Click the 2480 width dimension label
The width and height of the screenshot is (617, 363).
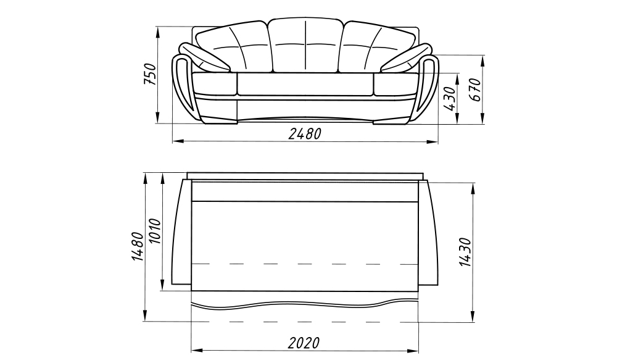(x=305, y=134)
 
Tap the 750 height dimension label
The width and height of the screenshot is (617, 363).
(x=150, y=74)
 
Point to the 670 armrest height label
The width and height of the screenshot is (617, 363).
(x=476, y=90)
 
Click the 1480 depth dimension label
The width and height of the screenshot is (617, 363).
(x=138, y=246)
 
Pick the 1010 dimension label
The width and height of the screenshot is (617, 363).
(x=155, y=232)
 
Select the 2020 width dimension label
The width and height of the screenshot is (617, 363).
(x=304, y=343)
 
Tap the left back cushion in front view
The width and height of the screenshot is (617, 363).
(x=233, y=48)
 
